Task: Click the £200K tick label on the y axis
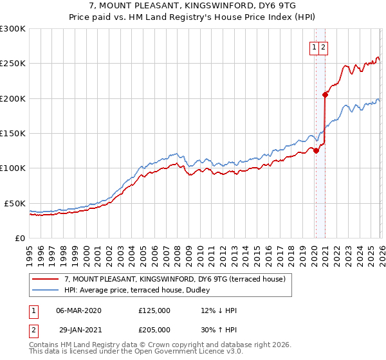pos(12,98)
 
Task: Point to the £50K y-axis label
pos(14,203)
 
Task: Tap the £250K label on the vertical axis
pos(12,64)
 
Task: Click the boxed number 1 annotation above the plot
pos(315,46)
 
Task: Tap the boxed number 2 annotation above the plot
pos(324,46)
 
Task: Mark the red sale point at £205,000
pos(326,95)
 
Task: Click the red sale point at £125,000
pos(316,151)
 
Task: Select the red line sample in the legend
pos(46,279)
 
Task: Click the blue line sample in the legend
pos(46,289)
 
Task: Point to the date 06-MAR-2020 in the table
pos(78,310)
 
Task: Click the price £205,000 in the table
pos(154,330)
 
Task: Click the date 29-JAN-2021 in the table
pos(78,330)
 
